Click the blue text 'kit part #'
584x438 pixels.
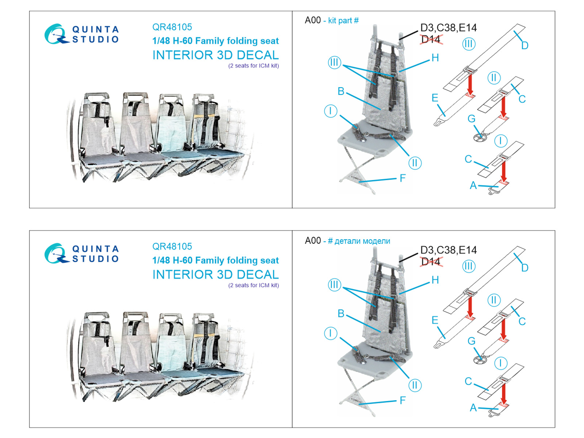coord(343,20)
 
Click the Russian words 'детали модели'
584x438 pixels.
coord(362,241)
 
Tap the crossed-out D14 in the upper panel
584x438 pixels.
coord(431,39)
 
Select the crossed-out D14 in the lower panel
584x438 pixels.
coord(431,261)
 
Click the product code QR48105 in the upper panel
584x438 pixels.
coord(172,27)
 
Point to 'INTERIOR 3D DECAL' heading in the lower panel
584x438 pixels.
coord(215,274)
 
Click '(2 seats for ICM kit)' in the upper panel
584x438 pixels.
coord(254,66)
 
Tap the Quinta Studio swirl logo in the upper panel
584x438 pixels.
coord(56,34)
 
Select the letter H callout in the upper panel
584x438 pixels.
coord(435,58)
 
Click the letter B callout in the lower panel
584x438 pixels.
coord(341,313)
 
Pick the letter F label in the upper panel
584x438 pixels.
coord(403,178)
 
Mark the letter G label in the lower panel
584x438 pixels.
coord(472,341)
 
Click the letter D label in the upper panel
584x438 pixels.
coord(525,46)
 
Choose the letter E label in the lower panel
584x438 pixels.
coord(435,320)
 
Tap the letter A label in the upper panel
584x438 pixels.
coord(473,185)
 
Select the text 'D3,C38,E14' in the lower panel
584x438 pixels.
coord(448,250)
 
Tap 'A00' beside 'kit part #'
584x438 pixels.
coord(312,20)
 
